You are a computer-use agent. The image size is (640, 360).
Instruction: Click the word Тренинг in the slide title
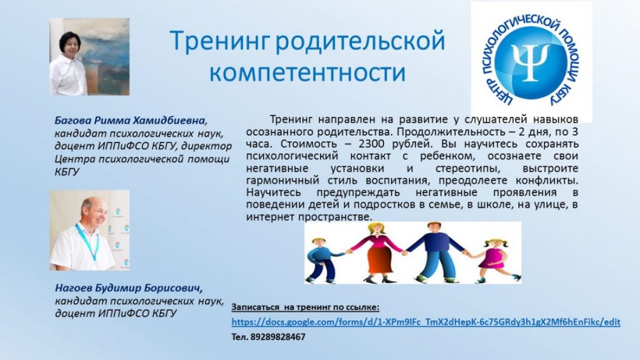tap(219, 41)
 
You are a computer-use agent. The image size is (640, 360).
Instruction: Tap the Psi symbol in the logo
tap(531, 62)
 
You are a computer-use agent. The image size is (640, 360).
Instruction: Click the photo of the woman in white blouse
tap(90, 57)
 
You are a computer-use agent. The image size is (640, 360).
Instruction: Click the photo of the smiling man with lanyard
tap(90, 230)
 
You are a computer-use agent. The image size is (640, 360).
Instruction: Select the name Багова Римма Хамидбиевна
tap(131, 121)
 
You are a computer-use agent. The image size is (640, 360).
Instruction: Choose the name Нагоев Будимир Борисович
tap(129, 289)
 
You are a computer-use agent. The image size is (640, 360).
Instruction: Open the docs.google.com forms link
tap(426, 322)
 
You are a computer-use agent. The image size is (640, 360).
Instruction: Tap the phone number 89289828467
tap(278, 337)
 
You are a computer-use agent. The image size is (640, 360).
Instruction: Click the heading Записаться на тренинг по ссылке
tap(306, 307)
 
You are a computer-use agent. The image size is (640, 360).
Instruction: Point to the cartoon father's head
tap(434, 228)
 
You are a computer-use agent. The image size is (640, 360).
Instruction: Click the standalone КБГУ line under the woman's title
tap(67, 172)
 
